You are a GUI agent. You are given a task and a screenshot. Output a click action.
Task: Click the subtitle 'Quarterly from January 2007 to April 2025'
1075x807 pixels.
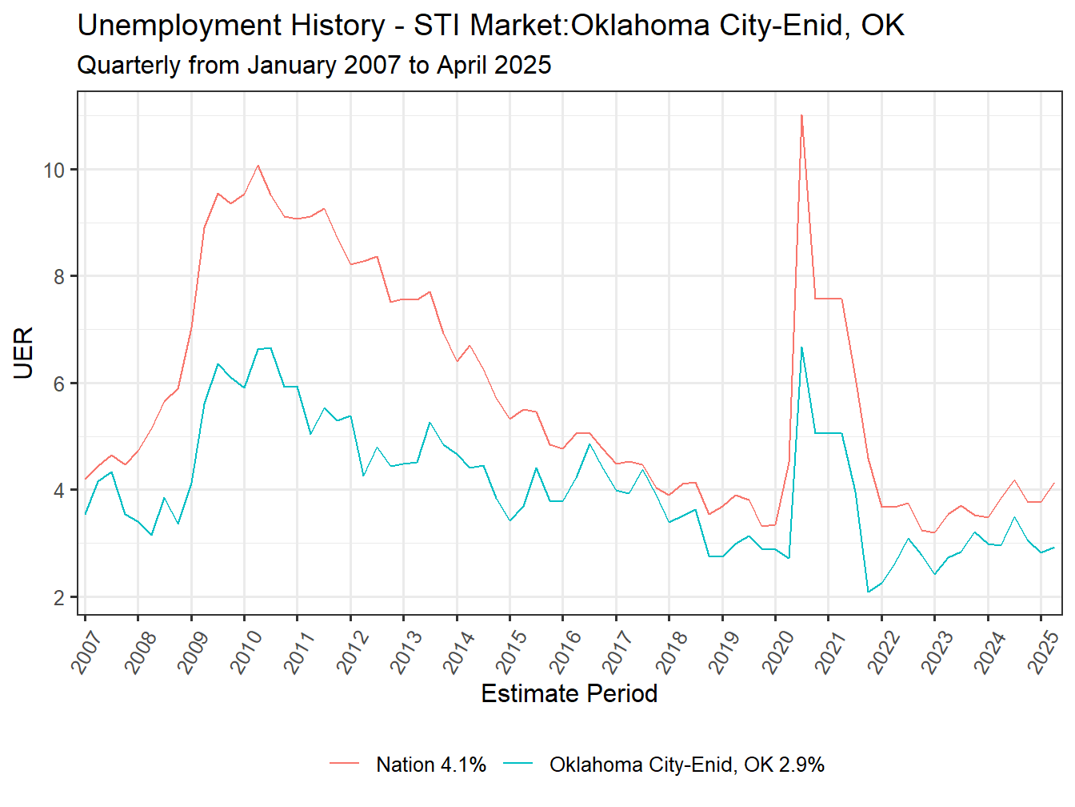pos(314,65)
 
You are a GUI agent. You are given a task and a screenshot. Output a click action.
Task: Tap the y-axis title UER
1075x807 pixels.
pos(23,352)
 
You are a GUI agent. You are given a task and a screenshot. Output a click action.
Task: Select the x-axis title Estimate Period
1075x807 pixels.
pos(569,693)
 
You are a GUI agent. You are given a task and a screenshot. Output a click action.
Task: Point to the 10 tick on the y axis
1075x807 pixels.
pos(54,171)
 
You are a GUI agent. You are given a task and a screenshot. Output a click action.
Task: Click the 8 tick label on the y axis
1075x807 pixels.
pos(59,277)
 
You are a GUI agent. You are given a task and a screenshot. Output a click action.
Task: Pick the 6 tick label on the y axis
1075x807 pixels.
pos(59,384)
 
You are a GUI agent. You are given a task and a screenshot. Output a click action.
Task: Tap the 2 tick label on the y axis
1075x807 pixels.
pos(59,598)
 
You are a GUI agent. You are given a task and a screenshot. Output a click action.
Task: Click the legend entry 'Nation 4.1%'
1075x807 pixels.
pos(431,765)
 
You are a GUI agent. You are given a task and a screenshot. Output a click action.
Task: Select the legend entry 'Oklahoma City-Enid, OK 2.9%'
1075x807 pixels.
pos(686,765)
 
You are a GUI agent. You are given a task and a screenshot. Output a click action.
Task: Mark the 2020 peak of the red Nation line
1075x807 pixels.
pos(801,115)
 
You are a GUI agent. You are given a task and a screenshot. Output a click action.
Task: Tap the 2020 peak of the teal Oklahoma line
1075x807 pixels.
pos(801,347)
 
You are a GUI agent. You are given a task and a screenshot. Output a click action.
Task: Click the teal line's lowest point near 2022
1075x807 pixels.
pos(868,592)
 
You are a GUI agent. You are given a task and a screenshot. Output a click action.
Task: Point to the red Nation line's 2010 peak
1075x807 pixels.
pos(258,166)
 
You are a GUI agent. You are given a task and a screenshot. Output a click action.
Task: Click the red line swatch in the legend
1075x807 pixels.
pos(345,765)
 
